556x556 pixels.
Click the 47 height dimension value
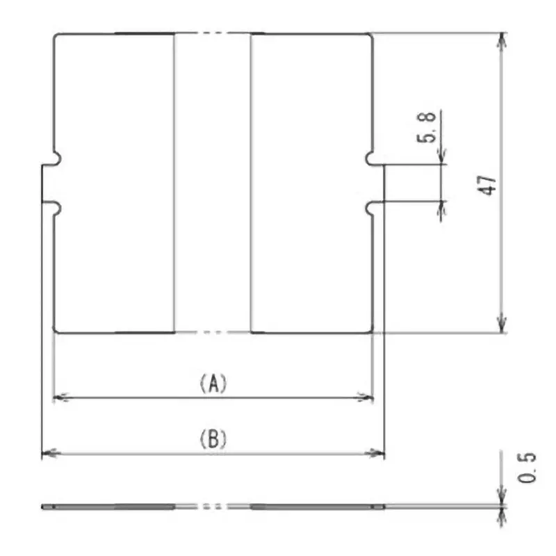coord(489,184)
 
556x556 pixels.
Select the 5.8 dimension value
coord(429,128)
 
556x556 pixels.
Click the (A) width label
coord(213,383)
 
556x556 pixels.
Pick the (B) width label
coord(213,439)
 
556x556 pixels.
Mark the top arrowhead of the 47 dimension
coord(501,39)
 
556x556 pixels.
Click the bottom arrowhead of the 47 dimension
coord(501,326)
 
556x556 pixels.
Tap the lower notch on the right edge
coord(371,207)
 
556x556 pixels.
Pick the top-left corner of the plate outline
coord(56,33)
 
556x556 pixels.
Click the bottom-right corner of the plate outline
coord(373,332)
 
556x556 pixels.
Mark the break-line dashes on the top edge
coord(212,33)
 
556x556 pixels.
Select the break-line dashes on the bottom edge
coord(212,333)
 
